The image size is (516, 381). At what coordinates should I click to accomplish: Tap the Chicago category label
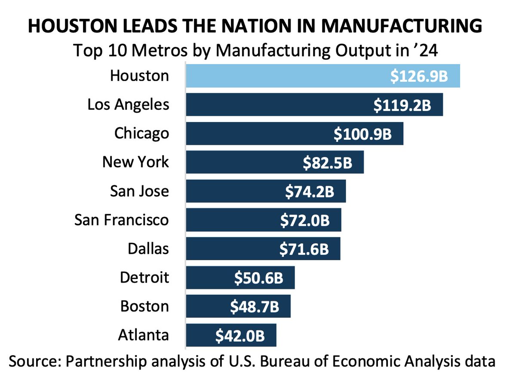point(141,133)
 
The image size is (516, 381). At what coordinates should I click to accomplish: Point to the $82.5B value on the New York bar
point(328,163)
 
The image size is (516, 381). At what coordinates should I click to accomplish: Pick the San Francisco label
point(122,220)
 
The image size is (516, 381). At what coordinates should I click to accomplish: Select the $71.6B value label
point(304,249)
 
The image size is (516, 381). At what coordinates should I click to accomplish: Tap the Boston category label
point(144,307)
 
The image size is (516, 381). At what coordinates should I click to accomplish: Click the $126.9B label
point(419,77)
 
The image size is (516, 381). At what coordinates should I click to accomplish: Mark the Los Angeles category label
point(128,104)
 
